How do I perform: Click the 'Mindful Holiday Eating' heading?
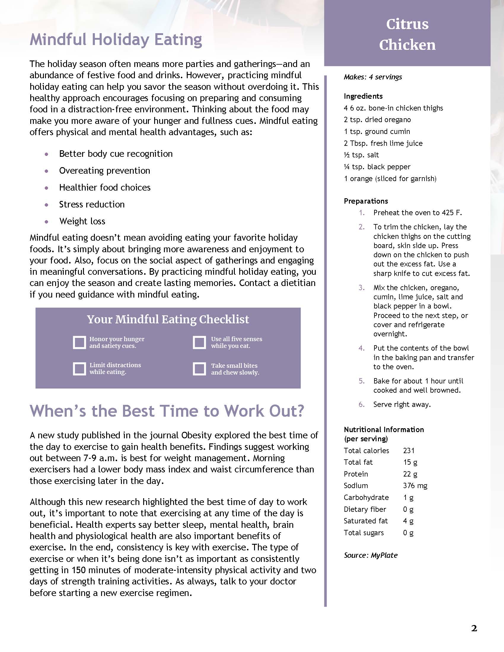(116, 40)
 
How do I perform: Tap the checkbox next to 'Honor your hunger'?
(79, 342)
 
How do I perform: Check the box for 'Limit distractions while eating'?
(79, 369)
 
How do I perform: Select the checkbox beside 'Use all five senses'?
(200, 342)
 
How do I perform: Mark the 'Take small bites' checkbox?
(200, 369)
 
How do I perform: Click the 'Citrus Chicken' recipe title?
(407, 34)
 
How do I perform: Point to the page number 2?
(474, 628)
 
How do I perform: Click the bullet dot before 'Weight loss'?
(46, 221)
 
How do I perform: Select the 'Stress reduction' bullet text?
(92, 204)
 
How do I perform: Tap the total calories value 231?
(409, 450)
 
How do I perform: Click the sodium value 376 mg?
(415, 486)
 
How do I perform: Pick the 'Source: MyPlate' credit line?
(371, 555)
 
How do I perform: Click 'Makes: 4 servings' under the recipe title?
(373, 77)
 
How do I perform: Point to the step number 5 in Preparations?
(362, 381)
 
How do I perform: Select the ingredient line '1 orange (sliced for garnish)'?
(390, 179)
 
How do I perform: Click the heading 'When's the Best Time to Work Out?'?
(167, 411)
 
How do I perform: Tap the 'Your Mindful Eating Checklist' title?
(168, 319)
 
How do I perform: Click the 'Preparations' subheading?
(366, 201)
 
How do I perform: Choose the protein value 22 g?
(410, 474)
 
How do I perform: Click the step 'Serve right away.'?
(402, 405)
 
